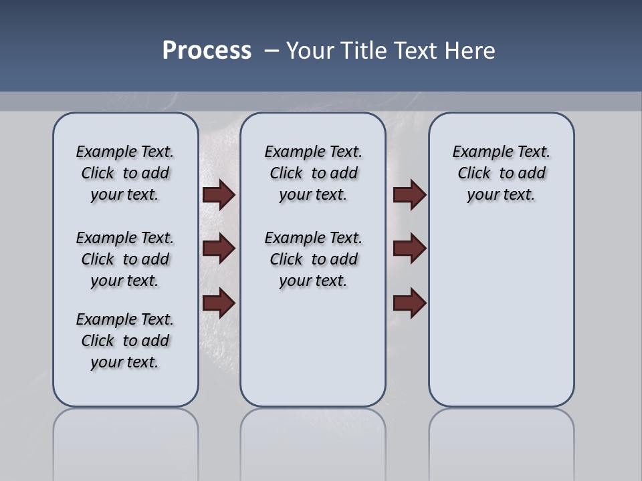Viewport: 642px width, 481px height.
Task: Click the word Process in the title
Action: [207, 51]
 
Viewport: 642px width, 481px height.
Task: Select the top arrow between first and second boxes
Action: [218, 194]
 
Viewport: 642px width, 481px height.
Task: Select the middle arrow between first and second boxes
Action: [218, 249]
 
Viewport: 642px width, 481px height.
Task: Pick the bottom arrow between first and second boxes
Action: [218, 303]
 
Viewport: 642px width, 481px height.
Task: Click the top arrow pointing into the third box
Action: [409, 194]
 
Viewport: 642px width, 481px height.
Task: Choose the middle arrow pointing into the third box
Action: [409, 249]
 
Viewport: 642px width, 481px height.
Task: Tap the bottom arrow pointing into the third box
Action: [409, 303]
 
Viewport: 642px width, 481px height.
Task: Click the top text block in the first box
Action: [125, 173]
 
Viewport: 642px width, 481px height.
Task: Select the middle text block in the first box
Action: [125, 259]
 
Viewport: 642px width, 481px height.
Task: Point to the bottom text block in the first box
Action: [125, 341]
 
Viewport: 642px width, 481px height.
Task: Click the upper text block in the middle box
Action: [314, 173]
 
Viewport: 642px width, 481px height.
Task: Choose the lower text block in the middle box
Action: [314, 259]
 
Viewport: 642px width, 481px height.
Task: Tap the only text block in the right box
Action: [502, 173]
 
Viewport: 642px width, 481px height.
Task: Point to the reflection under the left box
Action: [126, 441]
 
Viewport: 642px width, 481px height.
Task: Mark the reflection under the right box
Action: [502, 441]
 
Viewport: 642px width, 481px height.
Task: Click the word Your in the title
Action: [310, 51]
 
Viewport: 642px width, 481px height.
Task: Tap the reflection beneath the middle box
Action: [313, 441]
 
